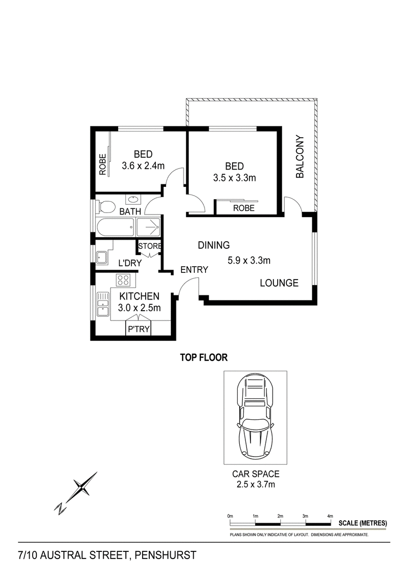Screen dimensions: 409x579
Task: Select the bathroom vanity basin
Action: click(132, 200)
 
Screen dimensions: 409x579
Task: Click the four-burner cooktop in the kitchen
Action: click(122, 280)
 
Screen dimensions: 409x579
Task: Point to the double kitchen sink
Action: click(103, 304)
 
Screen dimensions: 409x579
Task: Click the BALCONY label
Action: click(300, 157)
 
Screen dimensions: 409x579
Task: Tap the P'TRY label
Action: click(139, 329)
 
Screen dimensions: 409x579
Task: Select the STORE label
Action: click(150, 246)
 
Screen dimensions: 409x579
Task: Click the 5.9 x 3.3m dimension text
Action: click(249, 261)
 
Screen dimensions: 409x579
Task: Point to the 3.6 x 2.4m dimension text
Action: click(143, 165)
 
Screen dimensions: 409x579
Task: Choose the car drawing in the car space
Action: click(256, 416)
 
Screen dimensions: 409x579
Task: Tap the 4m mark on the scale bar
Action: click(330, 516)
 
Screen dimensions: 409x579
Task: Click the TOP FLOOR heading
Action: click(203, 357)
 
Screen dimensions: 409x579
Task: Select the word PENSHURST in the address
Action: click(165, 555)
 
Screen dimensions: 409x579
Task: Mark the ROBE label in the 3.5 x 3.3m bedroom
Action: click(244, 208)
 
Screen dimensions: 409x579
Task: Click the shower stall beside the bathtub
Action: click(148, 227)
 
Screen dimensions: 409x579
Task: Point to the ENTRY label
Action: click(194, 270)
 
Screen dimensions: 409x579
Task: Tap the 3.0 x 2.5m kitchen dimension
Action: click(140, 308)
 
